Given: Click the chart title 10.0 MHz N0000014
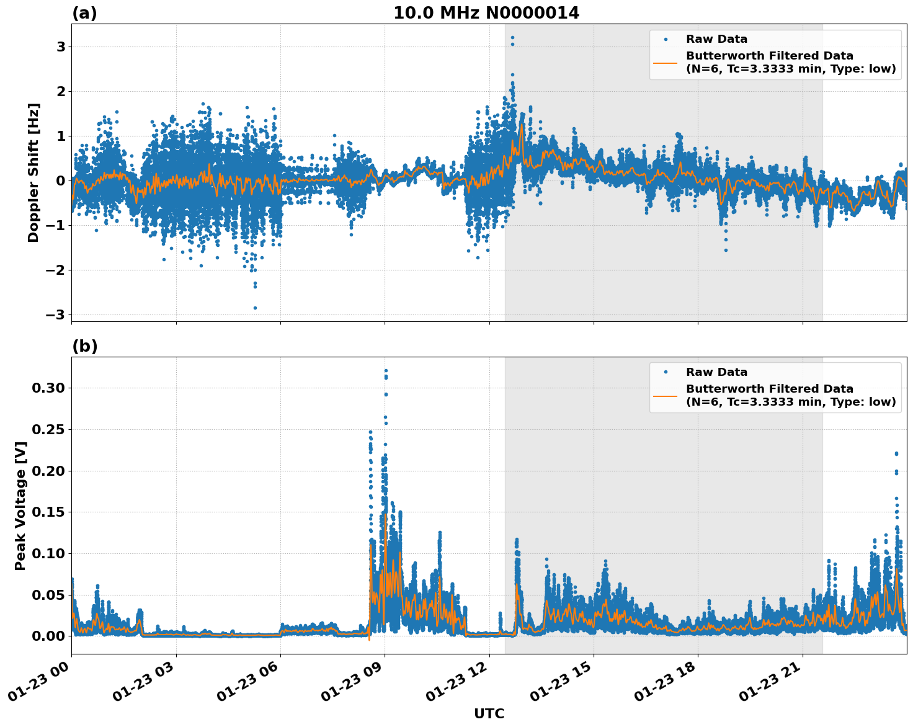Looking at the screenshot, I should point(486,13).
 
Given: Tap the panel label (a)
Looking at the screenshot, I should point(84,13).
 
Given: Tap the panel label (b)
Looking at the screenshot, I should point(84,346).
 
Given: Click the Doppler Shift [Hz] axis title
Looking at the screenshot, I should point(33,172).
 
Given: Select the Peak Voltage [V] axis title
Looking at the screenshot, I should point(20,506).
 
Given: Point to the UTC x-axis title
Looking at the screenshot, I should point(489,713).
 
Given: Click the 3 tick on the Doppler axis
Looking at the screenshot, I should point(61,47).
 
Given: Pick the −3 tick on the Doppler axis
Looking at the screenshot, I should point(56,314).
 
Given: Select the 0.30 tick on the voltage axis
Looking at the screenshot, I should point(48,388).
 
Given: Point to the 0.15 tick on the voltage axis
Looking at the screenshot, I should point(48,512).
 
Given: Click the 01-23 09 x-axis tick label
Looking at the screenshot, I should point(351,685).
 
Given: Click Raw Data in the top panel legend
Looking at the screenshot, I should point(716,39).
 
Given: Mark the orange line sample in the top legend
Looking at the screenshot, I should point(665,63).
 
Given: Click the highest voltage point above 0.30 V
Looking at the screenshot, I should point(386,371).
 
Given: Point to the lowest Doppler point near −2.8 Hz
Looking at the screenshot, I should point(255,308).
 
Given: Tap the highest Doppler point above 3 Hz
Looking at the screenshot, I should point(512,38).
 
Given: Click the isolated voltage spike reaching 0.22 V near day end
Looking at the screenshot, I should point(896,453).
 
